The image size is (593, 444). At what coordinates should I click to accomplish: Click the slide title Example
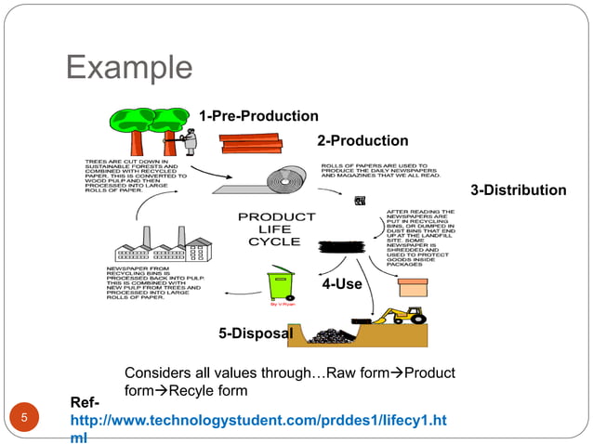pos(129,68)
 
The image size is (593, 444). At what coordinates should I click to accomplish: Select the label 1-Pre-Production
pos(257,116)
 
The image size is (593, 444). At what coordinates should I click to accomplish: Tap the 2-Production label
pos(362,141)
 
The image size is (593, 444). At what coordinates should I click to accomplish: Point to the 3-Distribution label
pos(518,190)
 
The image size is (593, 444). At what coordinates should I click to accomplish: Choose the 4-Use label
pos(341,284)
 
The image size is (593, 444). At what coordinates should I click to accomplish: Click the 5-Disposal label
pos(255,333)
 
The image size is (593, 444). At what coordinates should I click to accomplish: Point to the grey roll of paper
pos(279,182)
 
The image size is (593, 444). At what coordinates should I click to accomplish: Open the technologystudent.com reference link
pos(257,422)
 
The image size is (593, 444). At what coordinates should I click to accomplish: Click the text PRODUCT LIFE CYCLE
pos(270,229)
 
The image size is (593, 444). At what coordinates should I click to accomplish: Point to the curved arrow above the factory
pos(141,211)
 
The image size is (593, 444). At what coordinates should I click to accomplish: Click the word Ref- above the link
pos(83,403)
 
